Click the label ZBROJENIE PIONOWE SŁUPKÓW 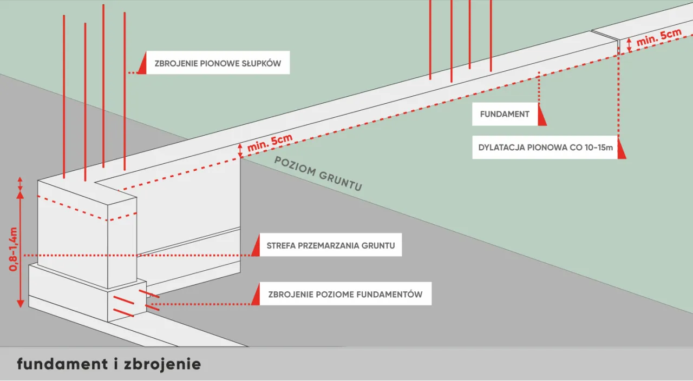[218, 63]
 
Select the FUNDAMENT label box [504, 115]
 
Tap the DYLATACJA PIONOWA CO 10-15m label [545, 148]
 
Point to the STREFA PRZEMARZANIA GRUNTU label [330, 245]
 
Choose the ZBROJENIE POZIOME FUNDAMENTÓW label [345, 295]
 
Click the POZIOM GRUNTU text [318, 175]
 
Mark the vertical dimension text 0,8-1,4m [15, 249]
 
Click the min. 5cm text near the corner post [270, 143]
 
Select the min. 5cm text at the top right [658, 37]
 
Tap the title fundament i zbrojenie [109, 364]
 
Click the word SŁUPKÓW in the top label [261, 63]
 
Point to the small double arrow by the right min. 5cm [629, 45]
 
